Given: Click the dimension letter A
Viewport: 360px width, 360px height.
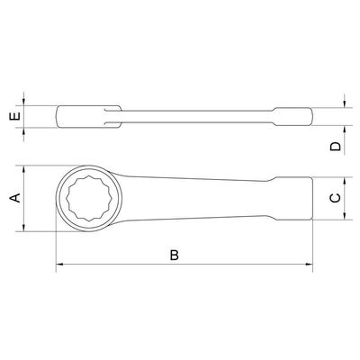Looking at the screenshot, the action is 15,198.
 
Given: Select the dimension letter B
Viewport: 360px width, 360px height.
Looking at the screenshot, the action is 175,255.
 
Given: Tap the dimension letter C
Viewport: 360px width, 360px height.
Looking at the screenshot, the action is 335,198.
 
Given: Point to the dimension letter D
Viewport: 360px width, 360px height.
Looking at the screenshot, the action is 335,146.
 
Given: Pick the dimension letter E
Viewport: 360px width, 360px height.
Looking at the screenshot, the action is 15,116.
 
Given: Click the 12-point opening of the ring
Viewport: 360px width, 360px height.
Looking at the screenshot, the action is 89,198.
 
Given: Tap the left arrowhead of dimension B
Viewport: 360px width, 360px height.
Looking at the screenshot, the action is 59,265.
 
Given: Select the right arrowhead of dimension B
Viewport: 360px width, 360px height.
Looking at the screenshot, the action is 309,265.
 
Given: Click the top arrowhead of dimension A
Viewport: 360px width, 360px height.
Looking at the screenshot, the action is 24,169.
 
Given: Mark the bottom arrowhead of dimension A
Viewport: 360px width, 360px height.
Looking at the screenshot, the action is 24,228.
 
